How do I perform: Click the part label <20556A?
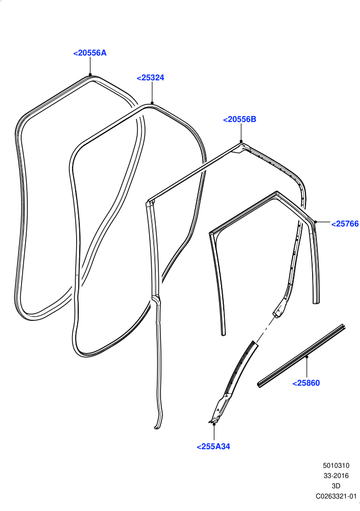(90, 53)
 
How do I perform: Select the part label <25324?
(150, 78)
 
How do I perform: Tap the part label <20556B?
(240, 119)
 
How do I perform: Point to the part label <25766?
(345, 224)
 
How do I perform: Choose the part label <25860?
(306, 383)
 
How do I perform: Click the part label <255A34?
(213, 446)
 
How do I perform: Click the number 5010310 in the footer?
(336, 466)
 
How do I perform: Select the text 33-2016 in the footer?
(336, 476)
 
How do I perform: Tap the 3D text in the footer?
(336, 486)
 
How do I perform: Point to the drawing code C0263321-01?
(336, 496)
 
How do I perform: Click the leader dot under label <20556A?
(90, 75)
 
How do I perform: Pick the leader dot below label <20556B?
(241, 141)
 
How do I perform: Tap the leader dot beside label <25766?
(316, 222)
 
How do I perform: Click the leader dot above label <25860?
(307, 357)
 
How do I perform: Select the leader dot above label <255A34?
(214, 424)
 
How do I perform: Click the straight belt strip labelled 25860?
(301, 356)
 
